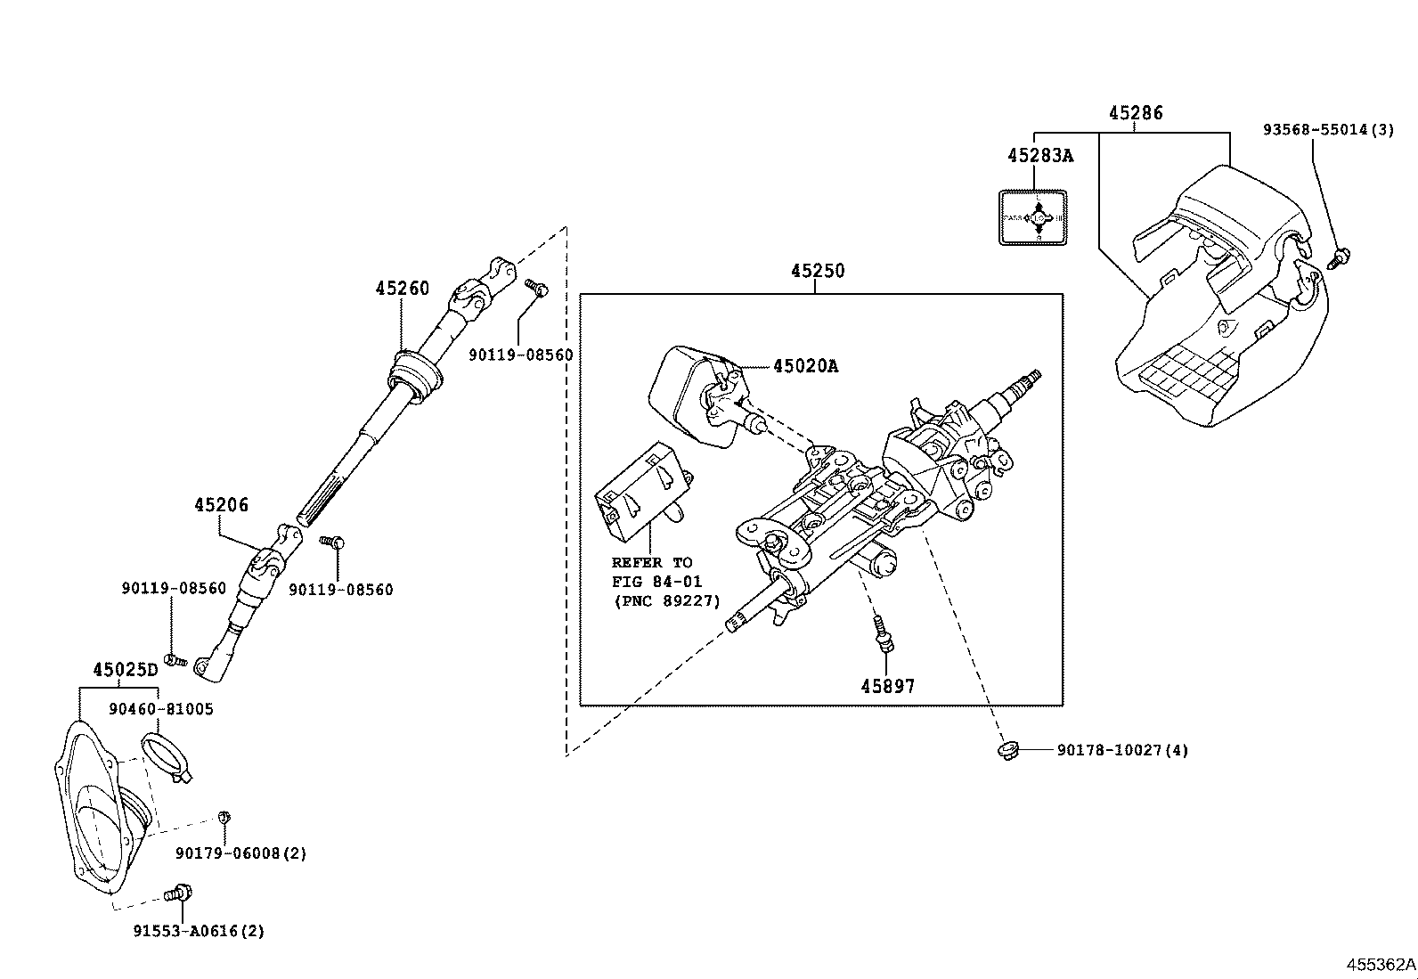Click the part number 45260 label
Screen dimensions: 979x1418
point(402,289)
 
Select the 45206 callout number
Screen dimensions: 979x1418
point(221,505)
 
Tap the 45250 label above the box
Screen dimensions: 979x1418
point(817,270)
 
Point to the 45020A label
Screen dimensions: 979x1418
point(805,366)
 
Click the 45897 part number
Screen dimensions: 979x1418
point(887,686)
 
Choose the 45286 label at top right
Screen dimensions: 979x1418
point(1136,113)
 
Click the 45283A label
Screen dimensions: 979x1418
point(1040,156)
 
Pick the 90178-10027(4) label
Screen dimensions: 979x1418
point(1122,750)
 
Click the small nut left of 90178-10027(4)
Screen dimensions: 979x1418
point(1007,751)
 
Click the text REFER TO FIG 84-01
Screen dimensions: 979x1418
point(656,572)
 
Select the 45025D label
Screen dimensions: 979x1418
point(125,670)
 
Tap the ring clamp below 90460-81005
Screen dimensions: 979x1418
point(166,755)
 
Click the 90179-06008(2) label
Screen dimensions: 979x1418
point(240,853)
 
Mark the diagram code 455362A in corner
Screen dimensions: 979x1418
point(1380,965)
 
